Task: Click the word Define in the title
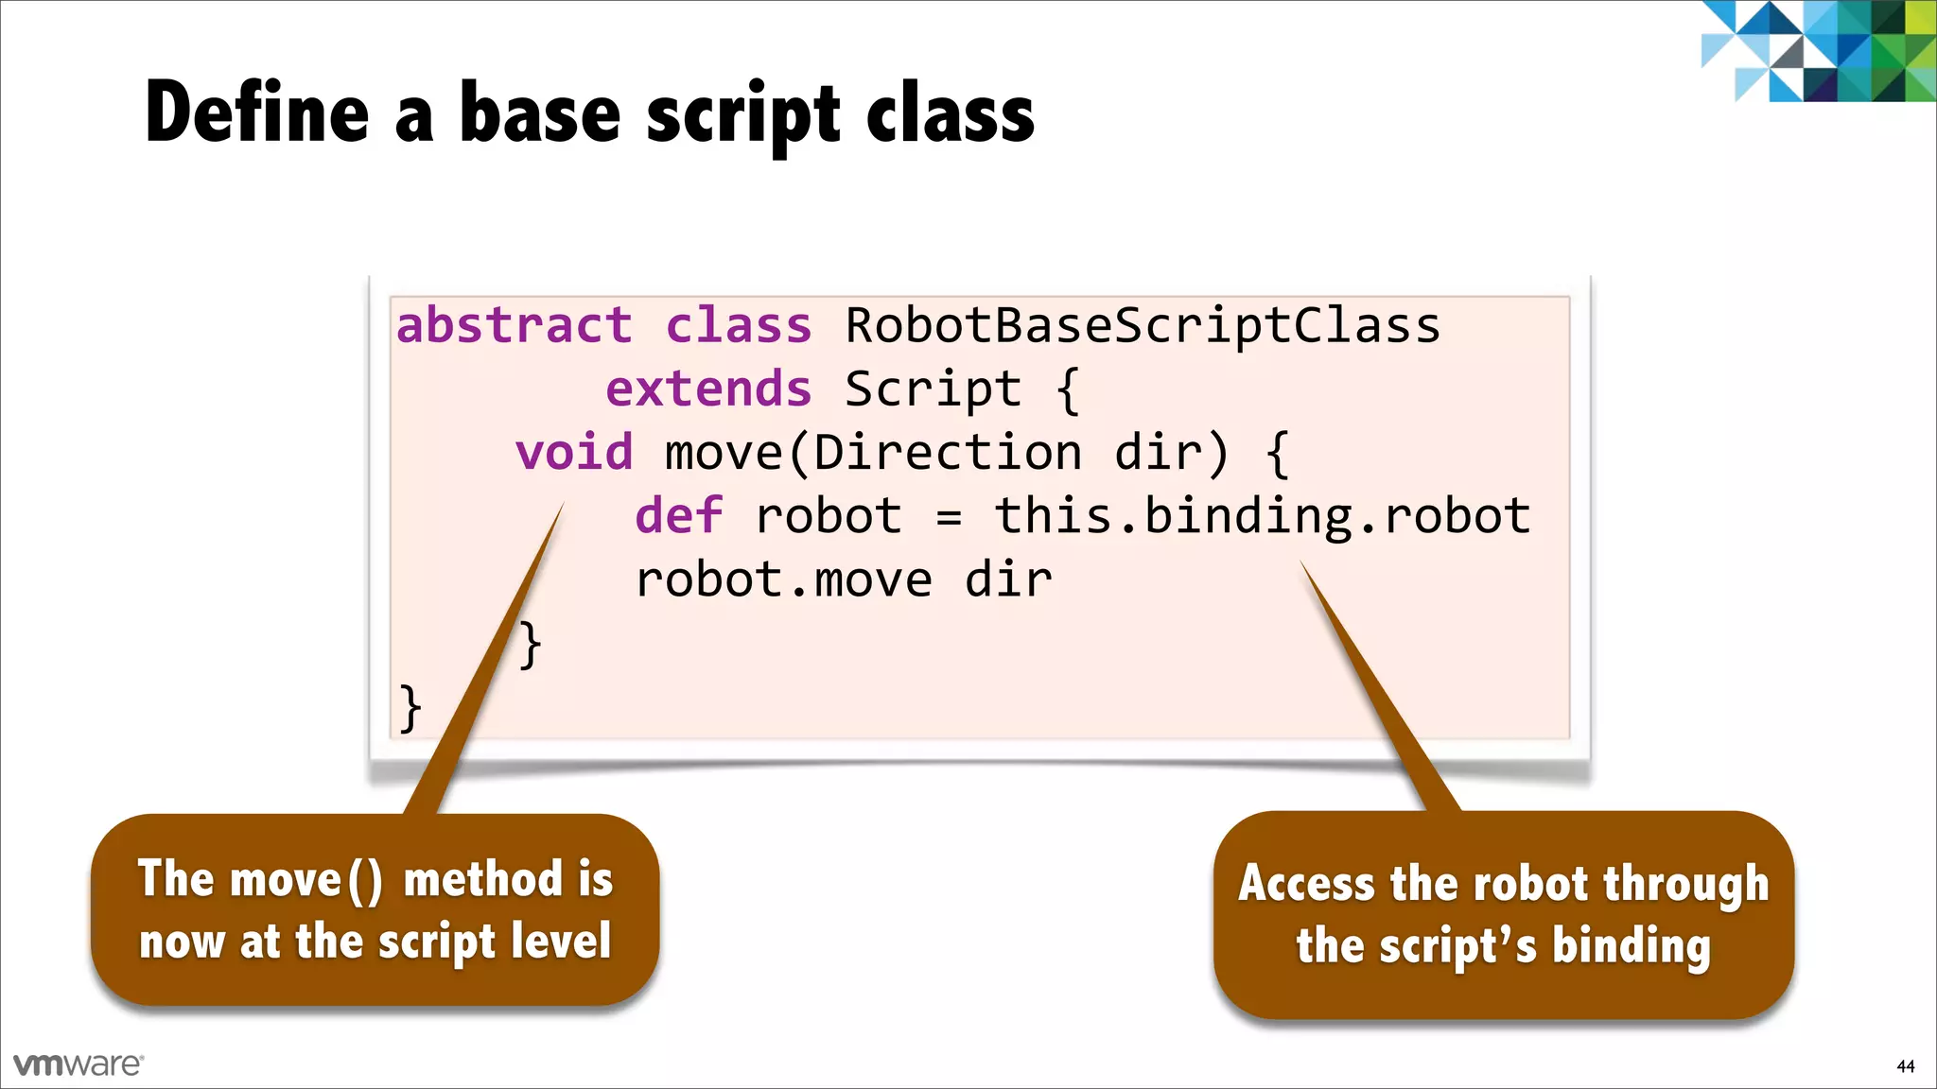click(256, 112)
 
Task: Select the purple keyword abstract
click(514, 325)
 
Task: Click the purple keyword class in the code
click(739, 325)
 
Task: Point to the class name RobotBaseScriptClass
click(1142, 326)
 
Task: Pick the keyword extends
click(708, 389)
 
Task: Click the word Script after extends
click(933, 389)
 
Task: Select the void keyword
click(574, 452)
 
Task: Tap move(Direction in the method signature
click(873, 452)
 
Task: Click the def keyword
click(678, 515)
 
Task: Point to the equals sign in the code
click(949, 517)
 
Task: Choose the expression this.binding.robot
click(1262, 516)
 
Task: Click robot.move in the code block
click(783, 579)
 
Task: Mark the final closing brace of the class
click(410, 708)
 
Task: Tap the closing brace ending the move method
click(531, 645)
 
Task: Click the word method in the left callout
click(482, 879)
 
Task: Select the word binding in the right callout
click(1631, 945)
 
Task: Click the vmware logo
click(79, 1064)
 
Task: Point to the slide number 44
click(1905, 1066)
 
